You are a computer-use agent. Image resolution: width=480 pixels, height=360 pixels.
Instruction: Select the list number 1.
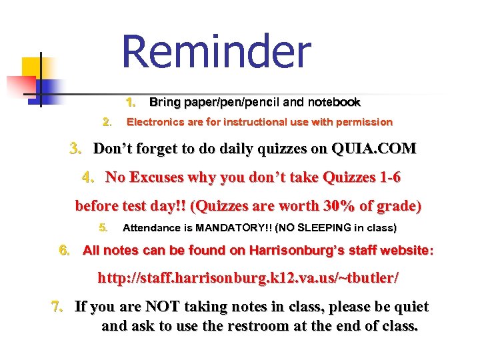point(131,103)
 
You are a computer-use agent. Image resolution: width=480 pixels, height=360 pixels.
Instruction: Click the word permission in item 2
point(365,122)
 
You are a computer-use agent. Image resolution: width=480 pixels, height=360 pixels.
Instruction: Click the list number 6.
point(64,251)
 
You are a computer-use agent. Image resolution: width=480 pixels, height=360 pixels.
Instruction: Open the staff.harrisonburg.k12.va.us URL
point(249,278)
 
